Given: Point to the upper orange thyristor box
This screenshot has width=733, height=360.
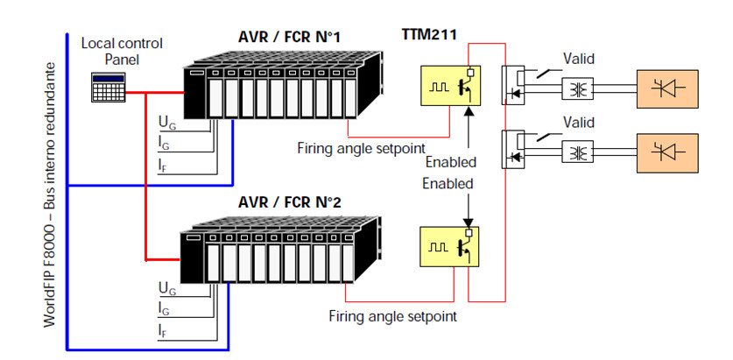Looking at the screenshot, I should click(x=669, y=88).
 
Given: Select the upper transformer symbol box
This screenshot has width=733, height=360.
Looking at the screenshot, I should click(x=576, y=88).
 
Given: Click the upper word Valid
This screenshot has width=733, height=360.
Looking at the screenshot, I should click(x=580, y=60).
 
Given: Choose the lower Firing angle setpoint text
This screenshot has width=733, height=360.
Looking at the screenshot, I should click(x=392, y=314).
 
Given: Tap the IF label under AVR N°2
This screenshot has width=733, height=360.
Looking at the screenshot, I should click(x=164, y=330).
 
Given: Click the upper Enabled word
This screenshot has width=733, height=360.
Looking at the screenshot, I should click(x=450, y=162).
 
